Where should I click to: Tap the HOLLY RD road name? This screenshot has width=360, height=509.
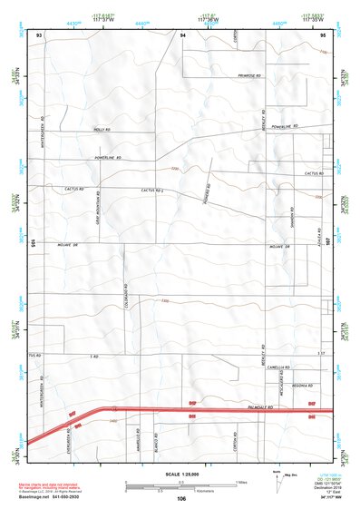click(102, 130)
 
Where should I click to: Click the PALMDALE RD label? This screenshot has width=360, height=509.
click(264, 410)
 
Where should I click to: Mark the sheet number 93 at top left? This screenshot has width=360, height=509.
click(39, 34)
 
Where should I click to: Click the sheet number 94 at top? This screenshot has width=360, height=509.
click(182, 34)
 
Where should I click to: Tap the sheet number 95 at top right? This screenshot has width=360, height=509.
click(324, 34)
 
